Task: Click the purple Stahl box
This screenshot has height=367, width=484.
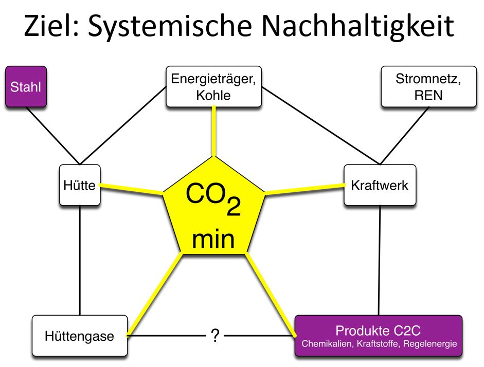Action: click(26, 86)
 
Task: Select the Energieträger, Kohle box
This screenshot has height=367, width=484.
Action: click(213, 87)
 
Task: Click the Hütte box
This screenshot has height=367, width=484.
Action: click(79, 185)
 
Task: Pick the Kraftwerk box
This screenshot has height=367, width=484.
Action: click(379, 185)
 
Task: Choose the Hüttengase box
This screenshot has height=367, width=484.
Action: click(79, 336)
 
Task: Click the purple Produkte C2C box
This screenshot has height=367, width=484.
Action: click(378, 335)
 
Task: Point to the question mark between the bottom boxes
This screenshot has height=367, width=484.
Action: click(215, 336)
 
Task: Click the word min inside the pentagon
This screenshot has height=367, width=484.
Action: click(213, 240)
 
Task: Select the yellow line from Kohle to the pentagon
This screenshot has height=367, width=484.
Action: click(213, 132)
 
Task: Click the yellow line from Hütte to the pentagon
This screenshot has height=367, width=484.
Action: click(131, 189)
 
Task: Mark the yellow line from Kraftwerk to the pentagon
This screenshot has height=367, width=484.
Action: click(304, 189)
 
